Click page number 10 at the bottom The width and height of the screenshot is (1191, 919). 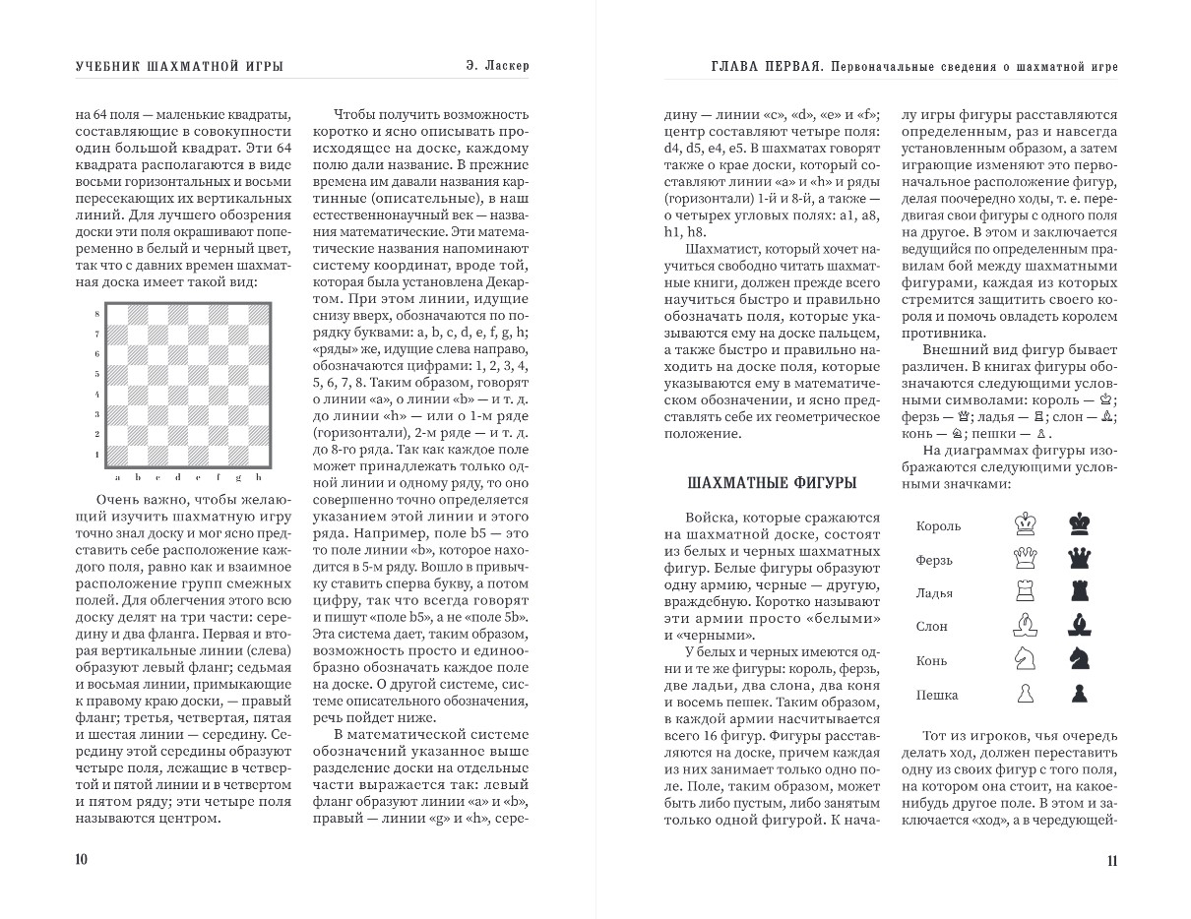(81, 860)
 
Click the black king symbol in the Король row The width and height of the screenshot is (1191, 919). (1080, 523)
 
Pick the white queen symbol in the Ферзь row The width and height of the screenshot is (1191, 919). (1026, 558)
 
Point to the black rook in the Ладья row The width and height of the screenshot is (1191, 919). (1080, 591)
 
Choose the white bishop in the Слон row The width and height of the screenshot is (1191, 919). (1026, 625)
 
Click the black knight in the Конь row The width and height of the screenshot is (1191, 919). (1080, 659)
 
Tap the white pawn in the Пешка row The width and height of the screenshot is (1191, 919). (1026, 694)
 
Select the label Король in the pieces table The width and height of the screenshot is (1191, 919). (938, 526)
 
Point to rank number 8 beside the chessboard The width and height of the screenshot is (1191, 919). (95, 314)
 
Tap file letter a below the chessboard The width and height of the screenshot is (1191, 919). (117, 477)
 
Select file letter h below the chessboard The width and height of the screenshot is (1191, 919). (258, 477)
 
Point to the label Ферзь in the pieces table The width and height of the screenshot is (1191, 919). (934, 561)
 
